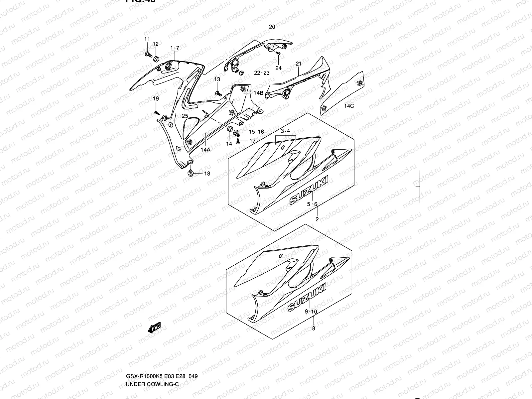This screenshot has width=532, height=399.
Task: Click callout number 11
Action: (x=147, y=40)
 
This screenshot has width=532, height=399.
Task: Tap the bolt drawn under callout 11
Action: (x=148, y=54)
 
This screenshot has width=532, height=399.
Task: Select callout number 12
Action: (x=156, y=44)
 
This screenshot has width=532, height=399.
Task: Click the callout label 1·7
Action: (x=175, y=48)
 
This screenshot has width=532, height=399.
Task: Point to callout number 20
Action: (x=272, y=27)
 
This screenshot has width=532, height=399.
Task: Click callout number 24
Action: (x=278, y=68)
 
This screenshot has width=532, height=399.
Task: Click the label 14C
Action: (x=349, y=106)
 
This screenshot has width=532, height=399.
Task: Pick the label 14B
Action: (x=258, y=93)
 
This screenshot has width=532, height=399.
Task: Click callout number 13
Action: (x=217, y=79)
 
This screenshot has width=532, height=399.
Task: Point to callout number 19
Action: (x=156, y=99)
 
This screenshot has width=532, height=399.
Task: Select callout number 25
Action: (x=185, y=116)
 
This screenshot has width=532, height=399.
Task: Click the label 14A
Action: (x=205, y=150)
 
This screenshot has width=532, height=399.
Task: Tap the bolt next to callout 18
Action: (x=191, y=173)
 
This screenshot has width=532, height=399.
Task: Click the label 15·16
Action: (x=256, y=132)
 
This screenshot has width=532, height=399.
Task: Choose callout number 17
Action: (x=252, y=141)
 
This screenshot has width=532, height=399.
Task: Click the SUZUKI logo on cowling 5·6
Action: (x=309, y=190)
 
